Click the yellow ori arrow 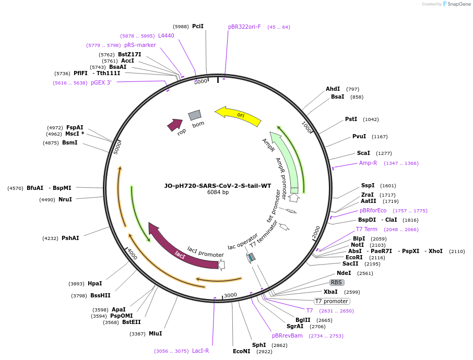tap(239, 116)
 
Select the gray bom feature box tap(195, 115)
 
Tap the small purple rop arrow tap(174, 125)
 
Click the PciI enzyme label tap(198, 26)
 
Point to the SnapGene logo tap(456, 4)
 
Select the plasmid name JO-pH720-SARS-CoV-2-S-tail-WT tap(218, 185)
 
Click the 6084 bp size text tap(218, 193)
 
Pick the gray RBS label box tap(336, 282)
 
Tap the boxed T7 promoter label tap(332, 301)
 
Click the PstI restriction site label tap(351, 119)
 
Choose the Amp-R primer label tap(368, 163)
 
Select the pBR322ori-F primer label tap(244, 27)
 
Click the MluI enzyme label tap(155, 333)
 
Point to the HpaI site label tap(95, 283)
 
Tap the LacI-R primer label tap(200, 351)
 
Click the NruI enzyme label tap(65, 199)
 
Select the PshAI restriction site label tap(70, 238)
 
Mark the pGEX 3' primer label tap(101, 82)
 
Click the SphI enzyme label tap(259, 345)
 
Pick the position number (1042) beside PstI tap(371, 119)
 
